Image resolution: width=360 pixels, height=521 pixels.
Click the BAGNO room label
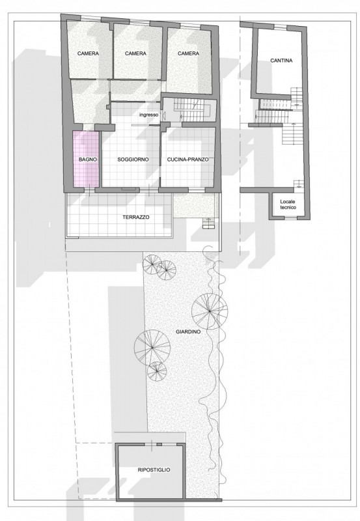88,160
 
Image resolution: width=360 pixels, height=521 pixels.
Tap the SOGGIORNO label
133,160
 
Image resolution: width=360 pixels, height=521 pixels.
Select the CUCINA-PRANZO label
187,160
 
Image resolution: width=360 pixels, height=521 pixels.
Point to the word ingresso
149,115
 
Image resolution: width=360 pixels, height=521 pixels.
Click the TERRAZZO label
136,218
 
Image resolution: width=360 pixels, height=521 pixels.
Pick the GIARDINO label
188,331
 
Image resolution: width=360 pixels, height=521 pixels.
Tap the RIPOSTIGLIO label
154,470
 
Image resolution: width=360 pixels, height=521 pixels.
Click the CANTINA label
281,61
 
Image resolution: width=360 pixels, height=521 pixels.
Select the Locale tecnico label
288,204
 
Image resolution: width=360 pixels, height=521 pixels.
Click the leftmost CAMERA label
88,53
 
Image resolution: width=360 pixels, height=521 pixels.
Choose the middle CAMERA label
135,53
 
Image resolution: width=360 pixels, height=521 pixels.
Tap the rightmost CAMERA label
188,53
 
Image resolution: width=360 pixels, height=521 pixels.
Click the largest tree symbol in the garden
210,311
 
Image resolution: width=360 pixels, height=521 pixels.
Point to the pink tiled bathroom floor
86,159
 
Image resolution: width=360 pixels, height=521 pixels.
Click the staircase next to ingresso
191,110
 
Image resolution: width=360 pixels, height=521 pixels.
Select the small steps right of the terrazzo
209,223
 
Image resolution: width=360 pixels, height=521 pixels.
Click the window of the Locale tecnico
290,218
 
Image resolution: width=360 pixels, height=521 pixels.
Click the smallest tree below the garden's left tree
157,371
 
